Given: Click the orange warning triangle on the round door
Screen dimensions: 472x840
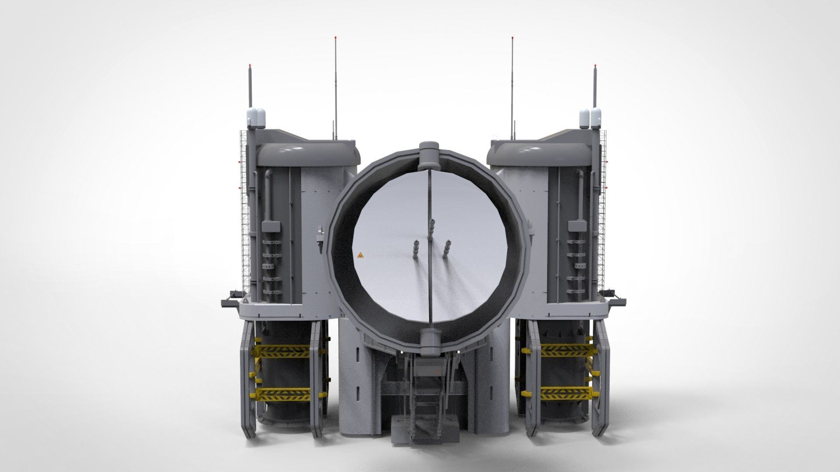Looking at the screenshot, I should point(360,255).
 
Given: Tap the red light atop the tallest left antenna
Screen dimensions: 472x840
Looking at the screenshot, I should point(335,38).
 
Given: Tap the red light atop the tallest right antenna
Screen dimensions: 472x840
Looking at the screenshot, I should point(511,38).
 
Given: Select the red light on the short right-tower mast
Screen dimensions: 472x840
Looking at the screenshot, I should point(595,66).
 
